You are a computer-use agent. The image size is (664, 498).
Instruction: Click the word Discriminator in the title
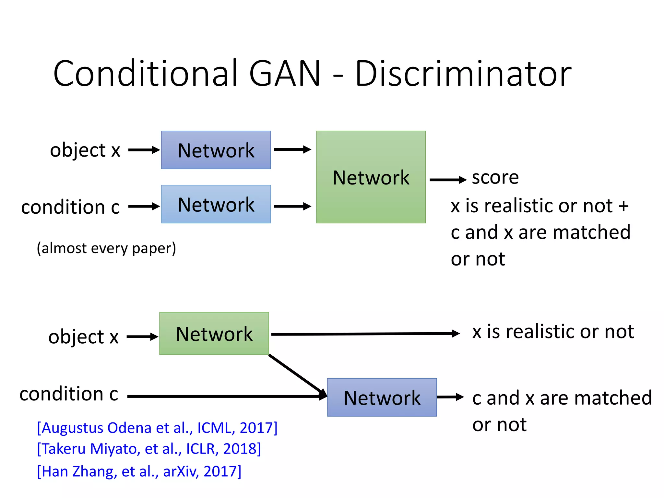[x=463, y=74]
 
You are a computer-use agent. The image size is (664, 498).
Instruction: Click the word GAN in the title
[x=285, y=74]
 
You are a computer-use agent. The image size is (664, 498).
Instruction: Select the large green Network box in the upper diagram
[x=371, y=177]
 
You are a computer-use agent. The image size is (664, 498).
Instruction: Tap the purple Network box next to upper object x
[x=216, y=150]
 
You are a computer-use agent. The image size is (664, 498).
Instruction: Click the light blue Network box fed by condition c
[x=216, y=204]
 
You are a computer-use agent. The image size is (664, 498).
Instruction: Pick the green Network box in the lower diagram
[x=214, y=334]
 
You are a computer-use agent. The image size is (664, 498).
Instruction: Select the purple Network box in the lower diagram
[x=382, y=397]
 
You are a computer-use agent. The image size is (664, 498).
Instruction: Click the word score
[x=495, y=177]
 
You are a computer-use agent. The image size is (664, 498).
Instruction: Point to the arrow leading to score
[x=448, y=180]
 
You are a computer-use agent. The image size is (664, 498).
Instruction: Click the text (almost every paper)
[x=106, y=248]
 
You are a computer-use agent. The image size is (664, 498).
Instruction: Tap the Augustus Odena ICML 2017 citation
[x=157, y=428]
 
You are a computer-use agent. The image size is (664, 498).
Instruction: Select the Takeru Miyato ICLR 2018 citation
[x=149, y=449]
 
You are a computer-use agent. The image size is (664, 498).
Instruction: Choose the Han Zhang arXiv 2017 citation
[x=139, y=471]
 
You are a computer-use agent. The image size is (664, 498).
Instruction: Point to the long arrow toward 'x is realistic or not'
[x=365, y=334]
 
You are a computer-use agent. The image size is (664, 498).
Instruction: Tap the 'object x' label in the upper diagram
[x=85, y=150]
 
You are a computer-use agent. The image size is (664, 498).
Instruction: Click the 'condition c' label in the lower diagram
[x=69, y=394]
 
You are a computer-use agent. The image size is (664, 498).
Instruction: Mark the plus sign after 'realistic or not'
[x=623, y=206]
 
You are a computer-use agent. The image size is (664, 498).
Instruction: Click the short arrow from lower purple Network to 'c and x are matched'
[x=450, y=397]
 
